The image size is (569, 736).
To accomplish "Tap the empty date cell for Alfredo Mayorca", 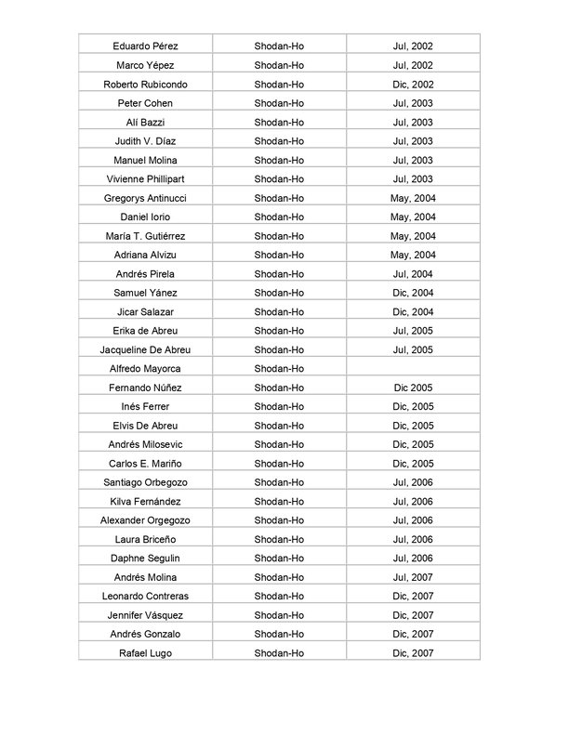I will tap(413, 369).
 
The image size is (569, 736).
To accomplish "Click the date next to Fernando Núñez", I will tap(413, 388).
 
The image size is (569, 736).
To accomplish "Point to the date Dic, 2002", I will tap(413, 84).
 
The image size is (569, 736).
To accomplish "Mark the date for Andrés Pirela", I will tap(413, 273).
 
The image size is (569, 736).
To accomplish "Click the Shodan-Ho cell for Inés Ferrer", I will tap(279, 406).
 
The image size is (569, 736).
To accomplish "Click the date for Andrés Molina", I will tap(413, 577).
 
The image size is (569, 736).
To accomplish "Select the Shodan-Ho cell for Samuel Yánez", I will tap(279, 293).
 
